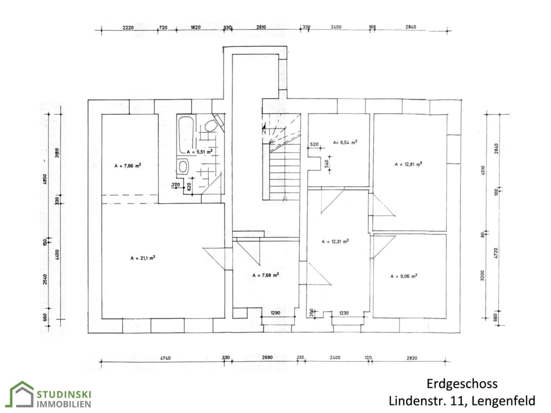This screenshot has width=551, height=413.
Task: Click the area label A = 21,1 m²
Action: click(143, 258)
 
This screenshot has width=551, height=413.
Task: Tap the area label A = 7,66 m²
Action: click(128, 166)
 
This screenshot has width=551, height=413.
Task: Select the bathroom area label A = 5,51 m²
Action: click(200, 152)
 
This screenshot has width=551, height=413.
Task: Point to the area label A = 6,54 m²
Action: click(345, 142)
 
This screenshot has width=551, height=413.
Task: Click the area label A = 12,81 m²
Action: click(408, 164)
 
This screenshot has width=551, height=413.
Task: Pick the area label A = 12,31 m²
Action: click(335, 241)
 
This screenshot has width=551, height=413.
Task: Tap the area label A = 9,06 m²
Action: click(404, 276)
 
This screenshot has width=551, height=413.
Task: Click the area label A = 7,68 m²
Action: click(266, 275)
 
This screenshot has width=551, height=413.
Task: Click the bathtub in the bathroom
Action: click(186, 135)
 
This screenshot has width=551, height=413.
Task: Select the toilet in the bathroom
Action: click(211, 125)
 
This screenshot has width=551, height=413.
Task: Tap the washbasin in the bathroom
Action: click(183, 167)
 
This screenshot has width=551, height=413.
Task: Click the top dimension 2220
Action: click(128, 27)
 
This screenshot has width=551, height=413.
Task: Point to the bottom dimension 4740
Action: click(166, 358)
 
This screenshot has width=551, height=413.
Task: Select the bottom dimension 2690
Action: click(267, 358)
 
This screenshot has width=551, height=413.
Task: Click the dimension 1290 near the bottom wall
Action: click(275, 312)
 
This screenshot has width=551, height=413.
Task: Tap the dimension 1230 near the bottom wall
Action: click(344, 313)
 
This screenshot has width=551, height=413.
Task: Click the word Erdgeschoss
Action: click(462, 384)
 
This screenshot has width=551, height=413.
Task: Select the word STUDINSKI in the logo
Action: click(65, 394)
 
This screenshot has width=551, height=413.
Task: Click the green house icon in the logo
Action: click(21, 394)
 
